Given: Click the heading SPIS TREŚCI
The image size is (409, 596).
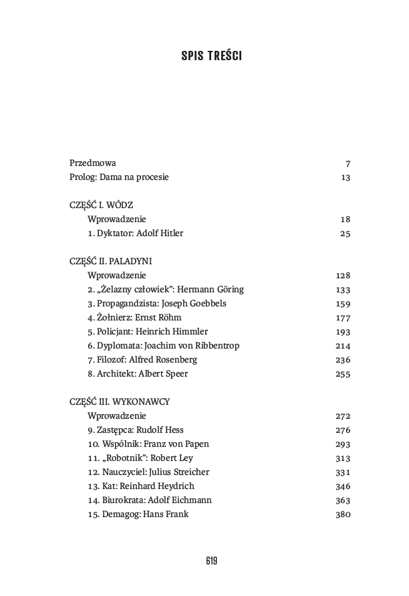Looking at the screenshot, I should pos(211,56).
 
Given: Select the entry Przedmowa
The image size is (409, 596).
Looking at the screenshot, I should pos(93,163).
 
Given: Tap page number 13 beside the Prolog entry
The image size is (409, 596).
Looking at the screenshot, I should pos(346,177).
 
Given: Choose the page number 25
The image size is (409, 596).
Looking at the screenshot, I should pos(346,233).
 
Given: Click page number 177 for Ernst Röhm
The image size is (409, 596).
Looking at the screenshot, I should pos(343,318).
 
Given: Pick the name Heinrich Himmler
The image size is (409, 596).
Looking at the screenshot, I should pos(174,332).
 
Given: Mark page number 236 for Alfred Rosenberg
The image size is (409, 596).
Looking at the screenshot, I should pos(343,360).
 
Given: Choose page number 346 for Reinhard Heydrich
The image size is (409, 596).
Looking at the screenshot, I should pos(343,486).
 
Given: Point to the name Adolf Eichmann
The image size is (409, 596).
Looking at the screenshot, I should pos(188,500).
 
